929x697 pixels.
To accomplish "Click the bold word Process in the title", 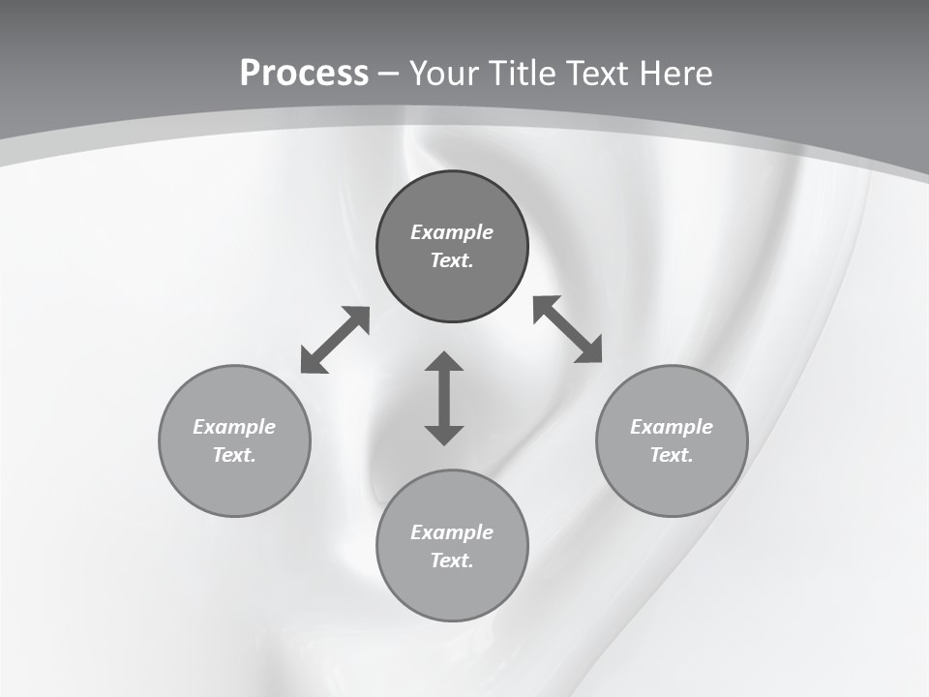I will click(304, 74).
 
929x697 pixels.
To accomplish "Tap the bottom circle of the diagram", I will click(452, 591).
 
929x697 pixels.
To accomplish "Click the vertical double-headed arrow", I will click(444, 398).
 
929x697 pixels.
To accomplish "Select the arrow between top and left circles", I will click(335, 340).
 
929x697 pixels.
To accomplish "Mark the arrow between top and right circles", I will click(567, 329).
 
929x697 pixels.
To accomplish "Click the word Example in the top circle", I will click(452, 232).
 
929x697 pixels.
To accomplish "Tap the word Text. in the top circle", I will click(452, 260).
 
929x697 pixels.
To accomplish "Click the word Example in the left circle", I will click(234, 427).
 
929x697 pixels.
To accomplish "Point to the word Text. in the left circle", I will click(234, 455).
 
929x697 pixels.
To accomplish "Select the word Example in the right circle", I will click(672, 427).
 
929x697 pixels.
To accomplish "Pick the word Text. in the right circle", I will click(672, 455).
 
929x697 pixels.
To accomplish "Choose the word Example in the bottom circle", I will click(452, 532).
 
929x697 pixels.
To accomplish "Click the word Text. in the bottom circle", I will click(452, 561).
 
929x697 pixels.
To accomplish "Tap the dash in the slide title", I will click(389, 75).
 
